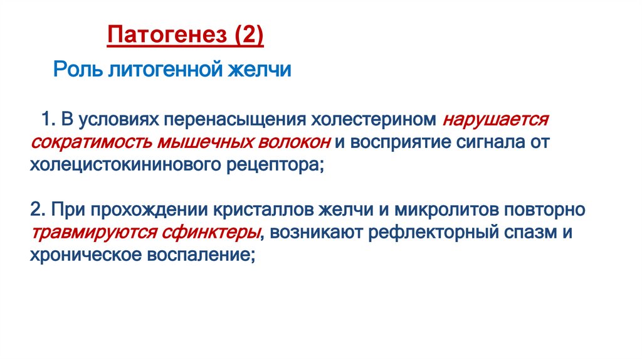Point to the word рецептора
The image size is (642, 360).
tap(273, 165)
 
